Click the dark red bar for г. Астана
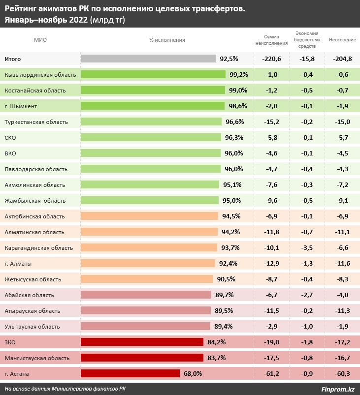[x=130, y=373]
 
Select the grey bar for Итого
[x=148, y=59]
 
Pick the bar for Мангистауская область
[x=142, y=358]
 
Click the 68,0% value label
[x=193, y=373]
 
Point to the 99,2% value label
[x=239, y=74]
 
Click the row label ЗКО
[x=9, y=342]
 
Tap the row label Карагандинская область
[x=38, y=247]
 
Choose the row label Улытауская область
[x=32, y=326]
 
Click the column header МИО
[x=40, y=40]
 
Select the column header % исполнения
[x=167, y=40]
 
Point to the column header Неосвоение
[x=342, y=40]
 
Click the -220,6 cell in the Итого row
[x=271, y=59]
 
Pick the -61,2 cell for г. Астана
[x=271, y=373]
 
